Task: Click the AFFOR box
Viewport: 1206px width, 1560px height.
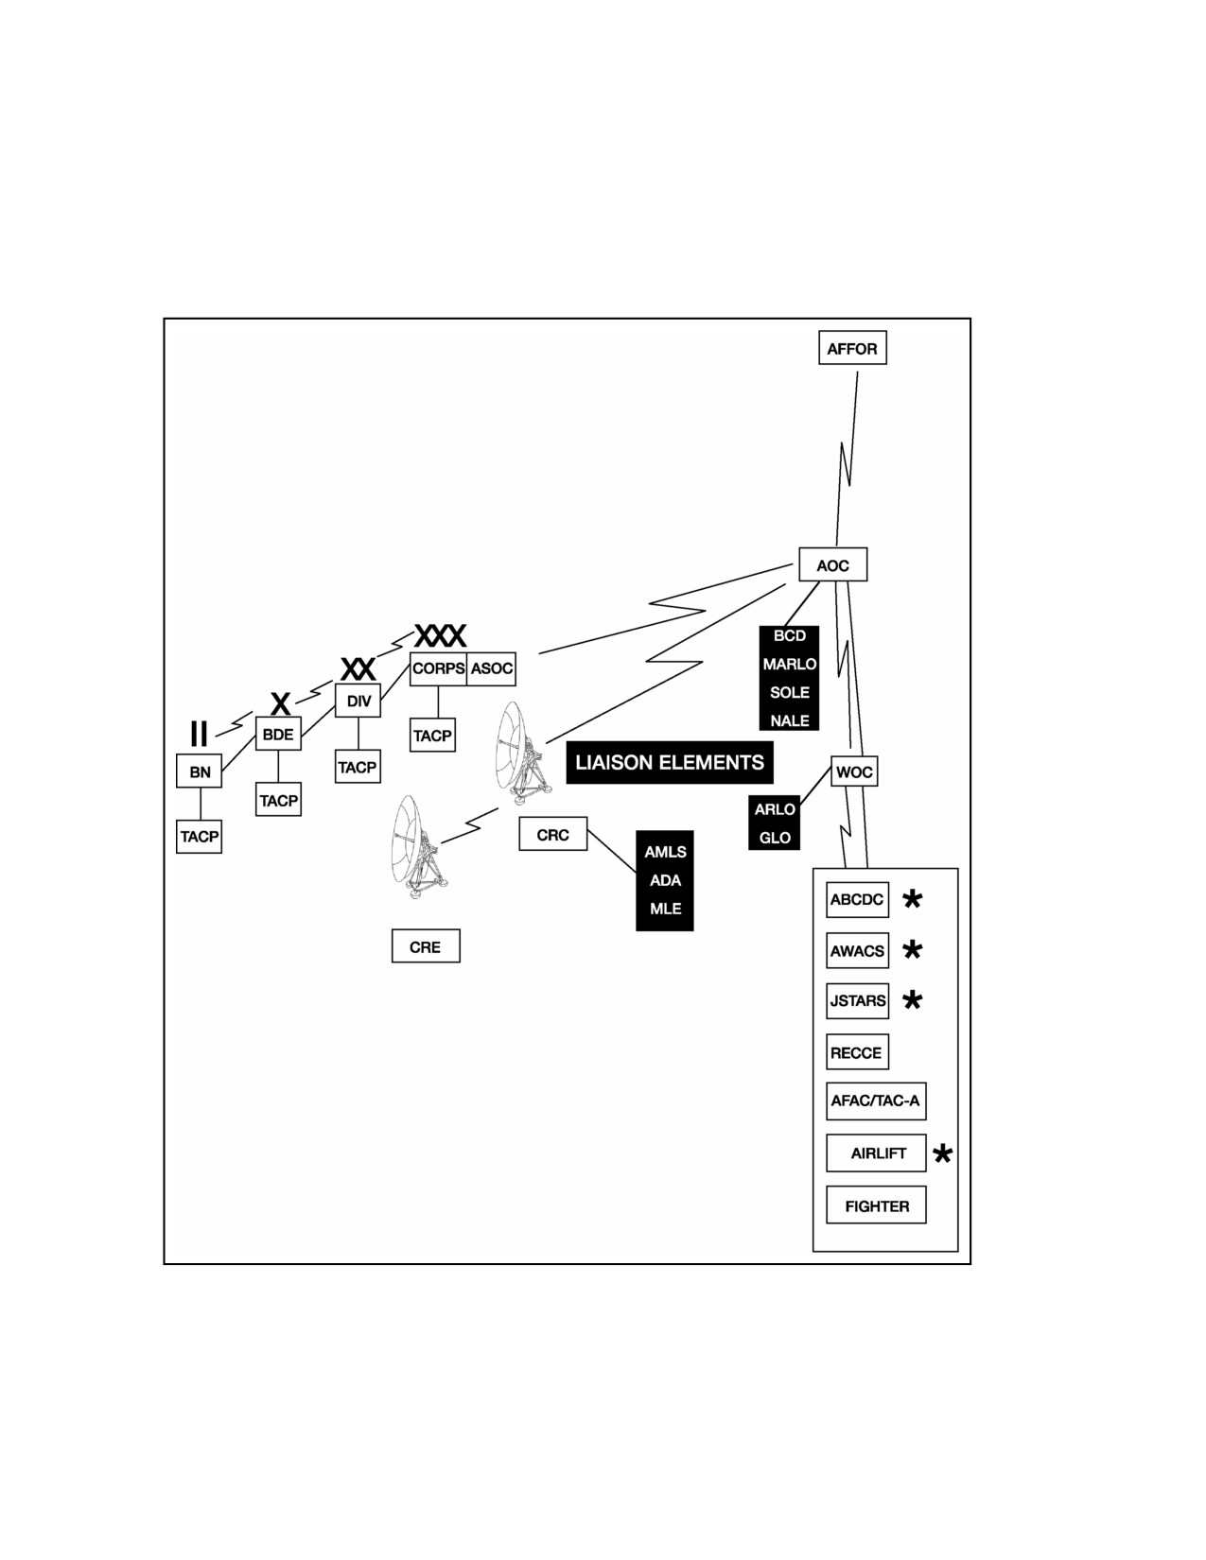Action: [852, 348]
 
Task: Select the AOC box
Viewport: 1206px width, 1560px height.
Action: [832, 564]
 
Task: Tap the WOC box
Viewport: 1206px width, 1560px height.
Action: [854, 771]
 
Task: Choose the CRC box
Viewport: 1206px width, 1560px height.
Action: [553, 834]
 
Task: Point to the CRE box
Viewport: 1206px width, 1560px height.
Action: [426, 945]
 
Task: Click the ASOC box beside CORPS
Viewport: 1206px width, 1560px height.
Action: [491, 668]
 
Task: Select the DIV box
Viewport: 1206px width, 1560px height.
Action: [358, 700]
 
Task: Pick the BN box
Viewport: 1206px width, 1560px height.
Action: [199, 771]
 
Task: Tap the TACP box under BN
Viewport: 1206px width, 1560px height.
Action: [199, 837]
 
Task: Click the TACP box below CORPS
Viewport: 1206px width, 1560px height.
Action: [432, 736]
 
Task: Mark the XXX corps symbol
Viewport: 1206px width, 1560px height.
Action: [441, 635]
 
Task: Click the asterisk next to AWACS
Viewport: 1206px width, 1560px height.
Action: [912, 949]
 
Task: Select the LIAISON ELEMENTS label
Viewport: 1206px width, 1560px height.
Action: [670, 762]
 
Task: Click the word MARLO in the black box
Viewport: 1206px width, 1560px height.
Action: [790, 664]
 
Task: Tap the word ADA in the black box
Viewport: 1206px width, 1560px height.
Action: [665, 880]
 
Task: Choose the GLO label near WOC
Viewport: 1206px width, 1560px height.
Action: [775, 837]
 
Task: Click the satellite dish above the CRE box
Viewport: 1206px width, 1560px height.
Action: [418, 846]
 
